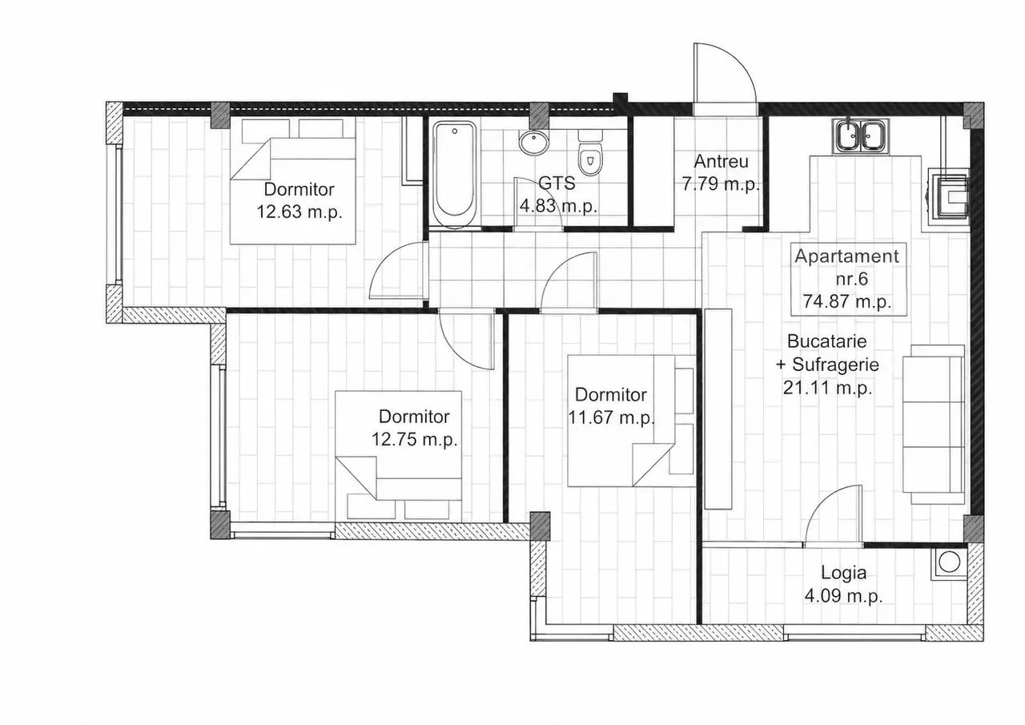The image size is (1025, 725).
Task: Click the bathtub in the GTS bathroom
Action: click(455, 175)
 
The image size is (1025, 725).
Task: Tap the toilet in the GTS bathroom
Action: click(590, 152)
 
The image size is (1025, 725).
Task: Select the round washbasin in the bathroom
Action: click(533, 143)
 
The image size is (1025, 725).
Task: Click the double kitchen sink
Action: click(862, 135)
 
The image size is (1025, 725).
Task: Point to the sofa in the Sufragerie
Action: click(935, 425)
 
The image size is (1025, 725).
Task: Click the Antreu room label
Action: click(722, 162)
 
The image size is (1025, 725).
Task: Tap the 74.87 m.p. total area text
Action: click(847, 302)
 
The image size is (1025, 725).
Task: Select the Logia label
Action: click(844, 573)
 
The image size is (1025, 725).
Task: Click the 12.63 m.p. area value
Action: click(299, 212)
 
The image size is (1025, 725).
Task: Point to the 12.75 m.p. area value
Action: click(415, 439)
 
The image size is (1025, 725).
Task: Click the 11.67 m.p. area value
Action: click(611, 417)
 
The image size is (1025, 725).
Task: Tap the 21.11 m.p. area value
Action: click(828, 388)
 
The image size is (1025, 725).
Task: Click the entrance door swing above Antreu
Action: click(725, 79)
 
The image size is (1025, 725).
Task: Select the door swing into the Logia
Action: click(834, 516)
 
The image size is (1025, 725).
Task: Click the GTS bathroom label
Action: click(557, 183)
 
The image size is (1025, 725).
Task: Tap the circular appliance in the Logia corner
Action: click(949, 562)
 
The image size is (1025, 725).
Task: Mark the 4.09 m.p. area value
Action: click(843, 596)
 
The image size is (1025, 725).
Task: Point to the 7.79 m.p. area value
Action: click(722, 184)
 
